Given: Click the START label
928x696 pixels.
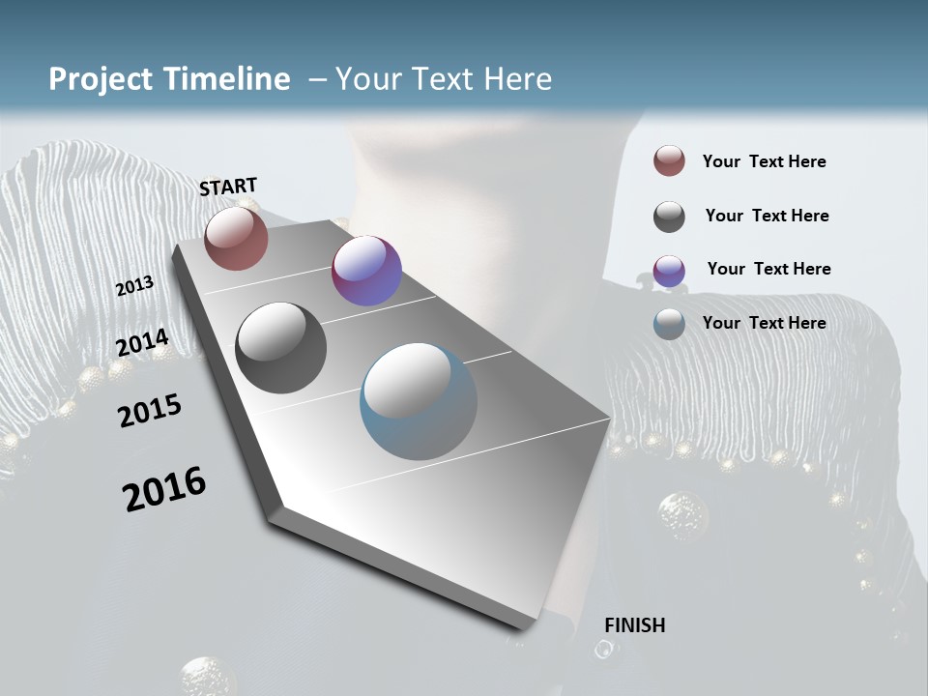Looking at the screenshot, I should click(x=228, y=187).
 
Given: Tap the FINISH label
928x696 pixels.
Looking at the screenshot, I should click(x=634, y=625).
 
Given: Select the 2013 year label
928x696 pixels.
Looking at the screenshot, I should click(x=134, y=286).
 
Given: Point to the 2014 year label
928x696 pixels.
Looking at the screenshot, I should click(x=142, y=342).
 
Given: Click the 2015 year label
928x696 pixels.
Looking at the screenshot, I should click(x=150, y=411).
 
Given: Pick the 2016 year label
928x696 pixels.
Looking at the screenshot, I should click(x=164, y=489).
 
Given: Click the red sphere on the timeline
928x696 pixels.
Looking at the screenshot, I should click(x=236, y=239).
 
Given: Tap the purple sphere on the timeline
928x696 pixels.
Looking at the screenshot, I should click(x=366, y=271).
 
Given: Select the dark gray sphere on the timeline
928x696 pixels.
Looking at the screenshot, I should click(x=281, y=348).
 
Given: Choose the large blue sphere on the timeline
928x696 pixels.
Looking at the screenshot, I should click(x=419, y=401).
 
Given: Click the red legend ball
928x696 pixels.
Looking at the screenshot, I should click(x=669, y=160).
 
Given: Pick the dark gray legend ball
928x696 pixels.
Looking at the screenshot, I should click(x=669, y=217).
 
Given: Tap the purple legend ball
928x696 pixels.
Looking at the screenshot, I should click(x=669, y=271).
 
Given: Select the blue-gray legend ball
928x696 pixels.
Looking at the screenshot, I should click(x=669, y=324).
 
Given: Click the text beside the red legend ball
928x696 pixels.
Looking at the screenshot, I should click(x=764, y=161).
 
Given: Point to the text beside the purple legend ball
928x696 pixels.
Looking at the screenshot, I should click(x=768, y=269).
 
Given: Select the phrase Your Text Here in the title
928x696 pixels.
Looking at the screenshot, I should click(x=443, y=79).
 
